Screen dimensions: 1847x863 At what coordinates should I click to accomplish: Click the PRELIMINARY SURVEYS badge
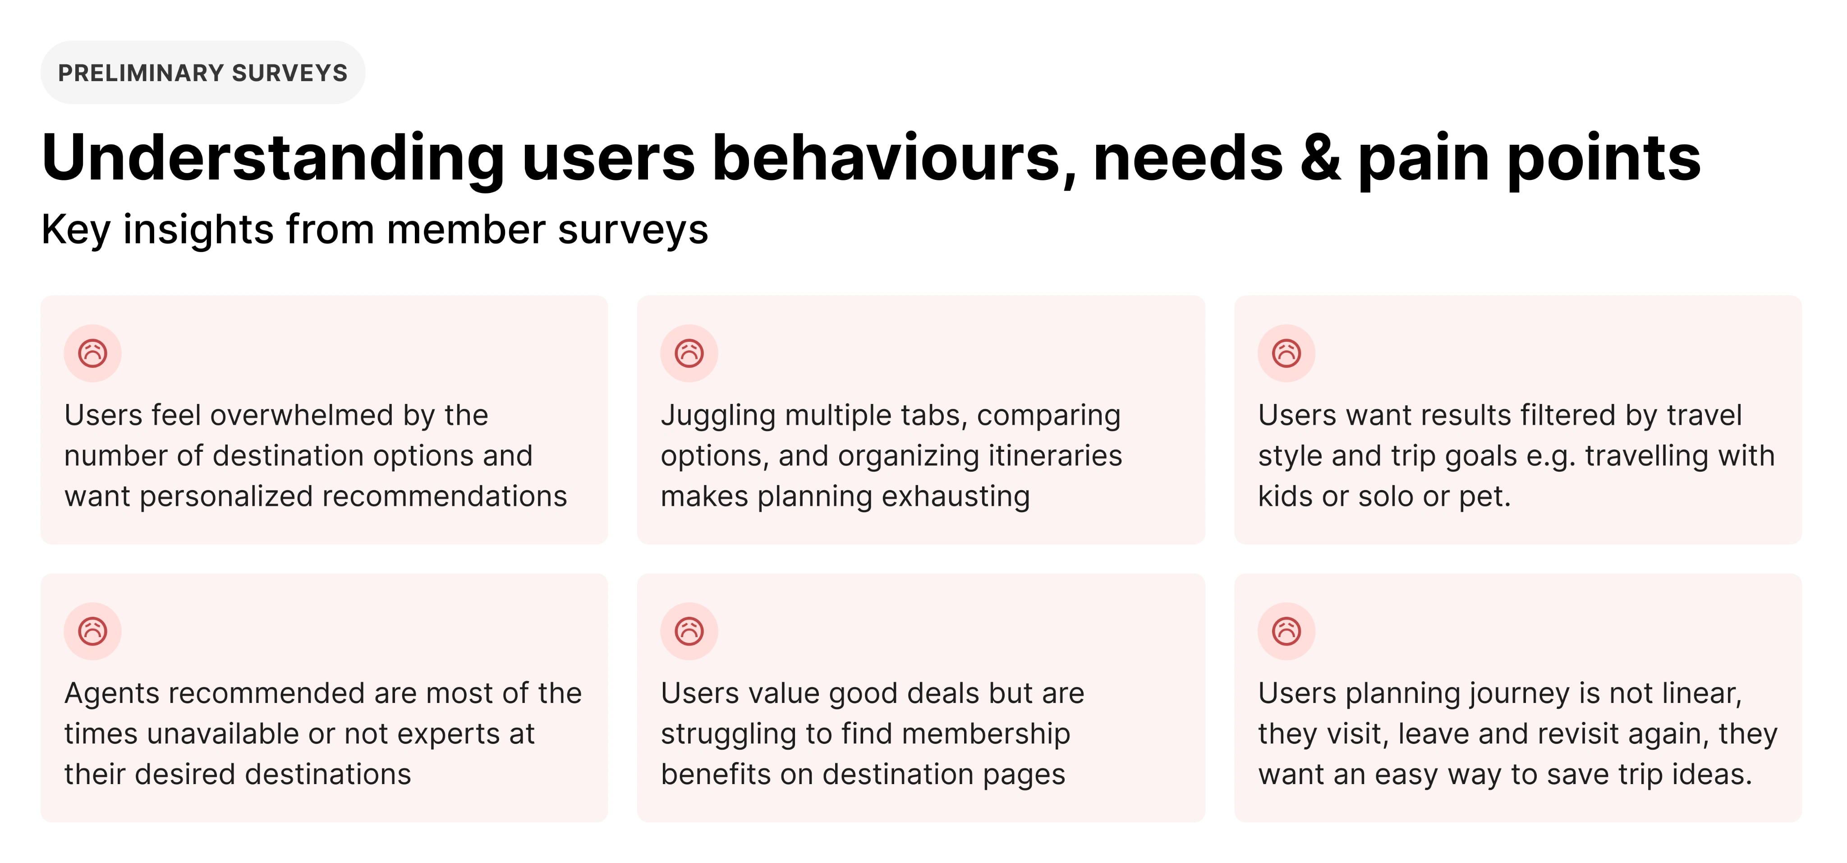(x=203, y=73)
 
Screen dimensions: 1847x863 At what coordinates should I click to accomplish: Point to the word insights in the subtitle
(x=198, y=230)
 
